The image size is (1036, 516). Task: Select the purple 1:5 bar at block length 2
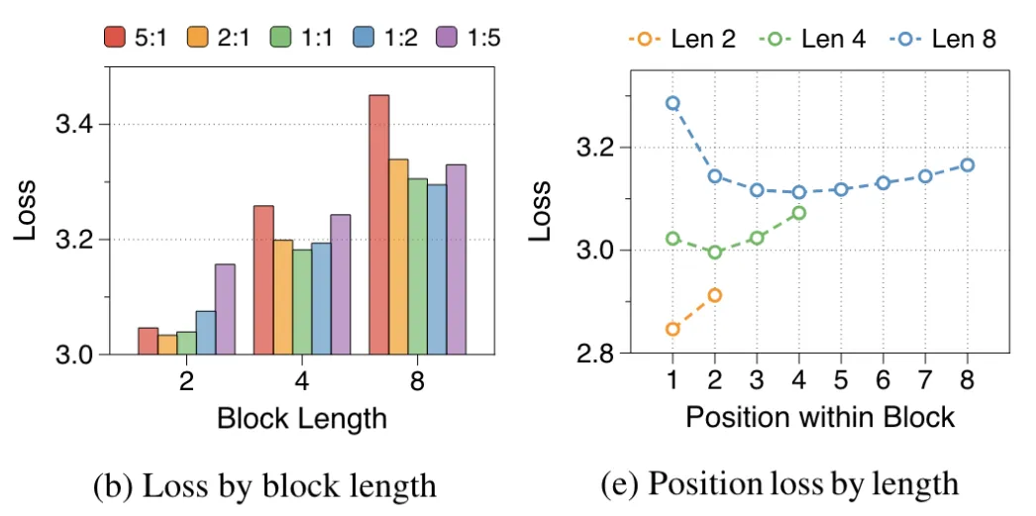pyautogui.click(x=225, y=309)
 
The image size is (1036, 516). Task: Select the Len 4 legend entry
pyautogui.click(x=813, y=40)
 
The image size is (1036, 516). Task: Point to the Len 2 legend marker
pyautogui.click(x=644, y=40)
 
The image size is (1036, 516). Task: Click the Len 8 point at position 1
pyautogui.click(x=673, y=103)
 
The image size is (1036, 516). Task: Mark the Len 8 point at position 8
pyautogui.click(x=968, y=164)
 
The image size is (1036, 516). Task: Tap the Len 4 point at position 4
pyautogui.click(x=799, y=212)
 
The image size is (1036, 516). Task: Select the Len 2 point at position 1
pyautogui.click(x=673, y=329)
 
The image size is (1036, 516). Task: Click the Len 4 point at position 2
pyautogui.click(x=715, y=253)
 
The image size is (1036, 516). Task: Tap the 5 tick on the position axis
pyautogui.click(x=841, y=379)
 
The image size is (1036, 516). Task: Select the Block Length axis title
pyautogui.click(x=301, y=419)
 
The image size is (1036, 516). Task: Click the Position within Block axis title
pyautogui.click(x=819, y=417)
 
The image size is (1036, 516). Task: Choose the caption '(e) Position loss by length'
pyautogui.click(x=778, y=484)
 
